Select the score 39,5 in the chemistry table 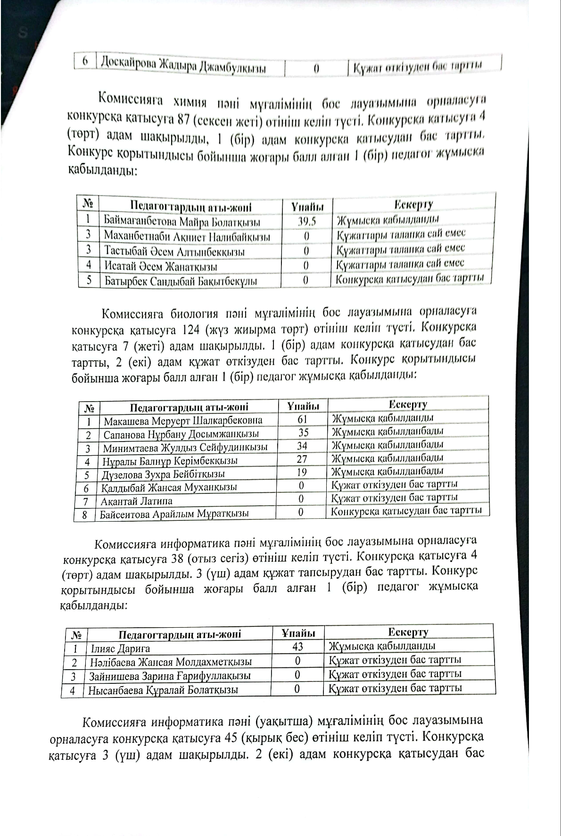coord(307,221)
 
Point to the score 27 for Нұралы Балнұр coord(302,459)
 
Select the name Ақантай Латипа coord(136,501)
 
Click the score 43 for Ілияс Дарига coord(297,647)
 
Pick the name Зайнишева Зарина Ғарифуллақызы coord(170,676)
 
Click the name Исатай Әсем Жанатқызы coord(160,266)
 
